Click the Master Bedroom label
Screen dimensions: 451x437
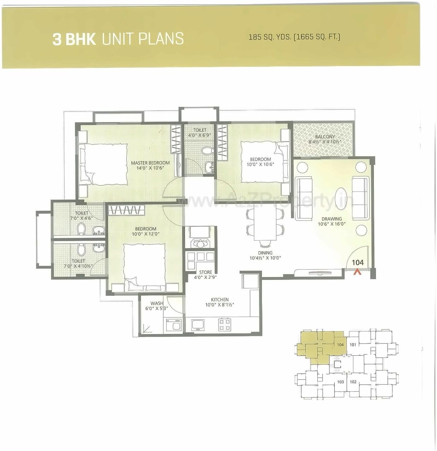point(150,163)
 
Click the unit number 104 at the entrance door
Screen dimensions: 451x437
point(358,263)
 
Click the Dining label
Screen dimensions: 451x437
point(265,253)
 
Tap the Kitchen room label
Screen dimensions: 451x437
point(220,300)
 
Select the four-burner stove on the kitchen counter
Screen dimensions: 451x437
point(225,324)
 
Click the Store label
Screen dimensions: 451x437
point(205,272)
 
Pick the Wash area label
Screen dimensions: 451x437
point(157,303)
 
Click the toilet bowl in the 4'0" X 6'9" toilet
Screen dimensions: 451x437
point(207,151)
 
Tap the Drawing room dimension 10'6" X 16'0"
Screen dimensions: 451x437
point(331,224)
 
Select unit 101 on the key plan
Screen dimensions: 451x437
point(353,344)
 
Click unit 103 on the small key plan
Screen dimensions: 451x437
point(340,382)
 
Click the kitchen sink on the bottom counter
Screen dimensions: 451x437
point(198,325)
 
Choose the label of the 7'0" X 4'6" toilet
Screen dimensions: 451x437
point(82,213)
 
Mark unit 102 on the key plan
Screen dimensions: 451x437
point(353,382)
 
